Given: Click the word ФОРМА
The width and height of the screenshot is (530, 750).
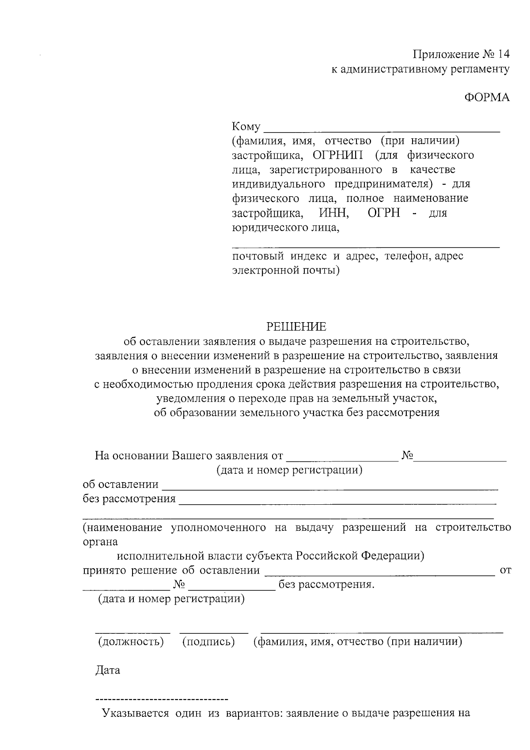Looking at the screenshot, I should (x=487, y=98).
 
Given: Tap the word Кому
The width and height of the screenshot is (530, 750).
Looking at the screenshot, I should (x=246, y=127).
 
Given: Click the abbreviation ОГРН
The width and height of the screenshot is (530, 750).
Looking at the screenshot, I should (x=383, y=213).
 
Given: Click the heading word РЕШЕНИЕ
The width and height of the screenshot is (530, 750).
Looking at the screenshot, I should (x=296, y=327).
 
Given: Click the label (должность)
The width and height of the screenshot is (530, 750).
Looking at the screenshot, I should (x=131, y=641).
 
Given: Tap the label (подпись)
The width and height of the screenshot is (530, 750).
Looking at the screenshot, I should (x=208, y=641).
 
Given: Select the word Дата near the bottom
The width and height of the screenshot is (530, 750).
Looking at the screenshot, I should (x=108, y=670).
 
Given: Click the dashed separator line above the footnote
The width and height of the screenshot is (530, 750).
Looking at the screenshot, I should (x=162, y=700).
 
